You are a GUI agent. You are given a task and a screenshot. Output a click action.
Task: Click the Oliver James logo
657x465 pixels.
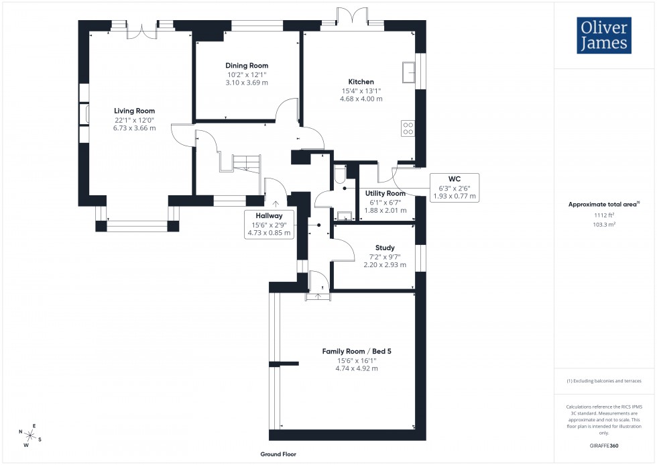coord(603,35)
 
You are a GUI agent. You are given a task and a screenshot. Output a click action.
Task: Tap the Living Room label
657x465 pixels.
coord(134,111)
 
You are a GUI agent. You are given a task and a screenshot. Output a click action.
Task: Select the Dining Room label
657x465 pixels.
coord(247,65)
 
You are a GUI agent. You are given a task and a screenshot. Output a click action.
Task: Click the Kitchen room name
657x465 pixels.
coord(361,82)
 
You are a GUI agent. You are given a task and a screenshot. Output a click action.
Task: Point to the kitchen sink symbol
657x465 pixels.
coord(408,70)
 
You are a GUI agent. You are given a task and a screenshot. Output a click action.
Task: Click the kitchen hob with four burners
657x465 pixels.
coord(407,127)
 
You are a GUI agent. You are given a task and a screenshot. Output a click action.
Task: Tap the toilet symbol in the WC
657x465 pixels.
coord(339,176)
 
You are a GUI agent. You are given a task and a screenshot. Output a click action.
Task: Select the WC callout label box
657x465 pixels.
coord(454,187)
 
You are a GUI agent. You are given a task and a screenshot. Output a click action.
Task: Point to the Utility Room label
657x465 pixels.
coord(385,193)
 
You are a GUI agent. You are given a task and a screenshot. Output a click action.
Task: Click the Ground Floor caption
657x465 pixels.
coord(278,454)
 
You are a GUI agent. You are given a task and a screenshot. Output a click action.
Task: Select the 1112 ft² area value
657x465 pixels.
coord(604,215)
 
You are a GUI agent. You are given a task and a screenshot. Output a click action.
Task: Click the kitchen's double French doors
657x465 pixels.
coord(352,16)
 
